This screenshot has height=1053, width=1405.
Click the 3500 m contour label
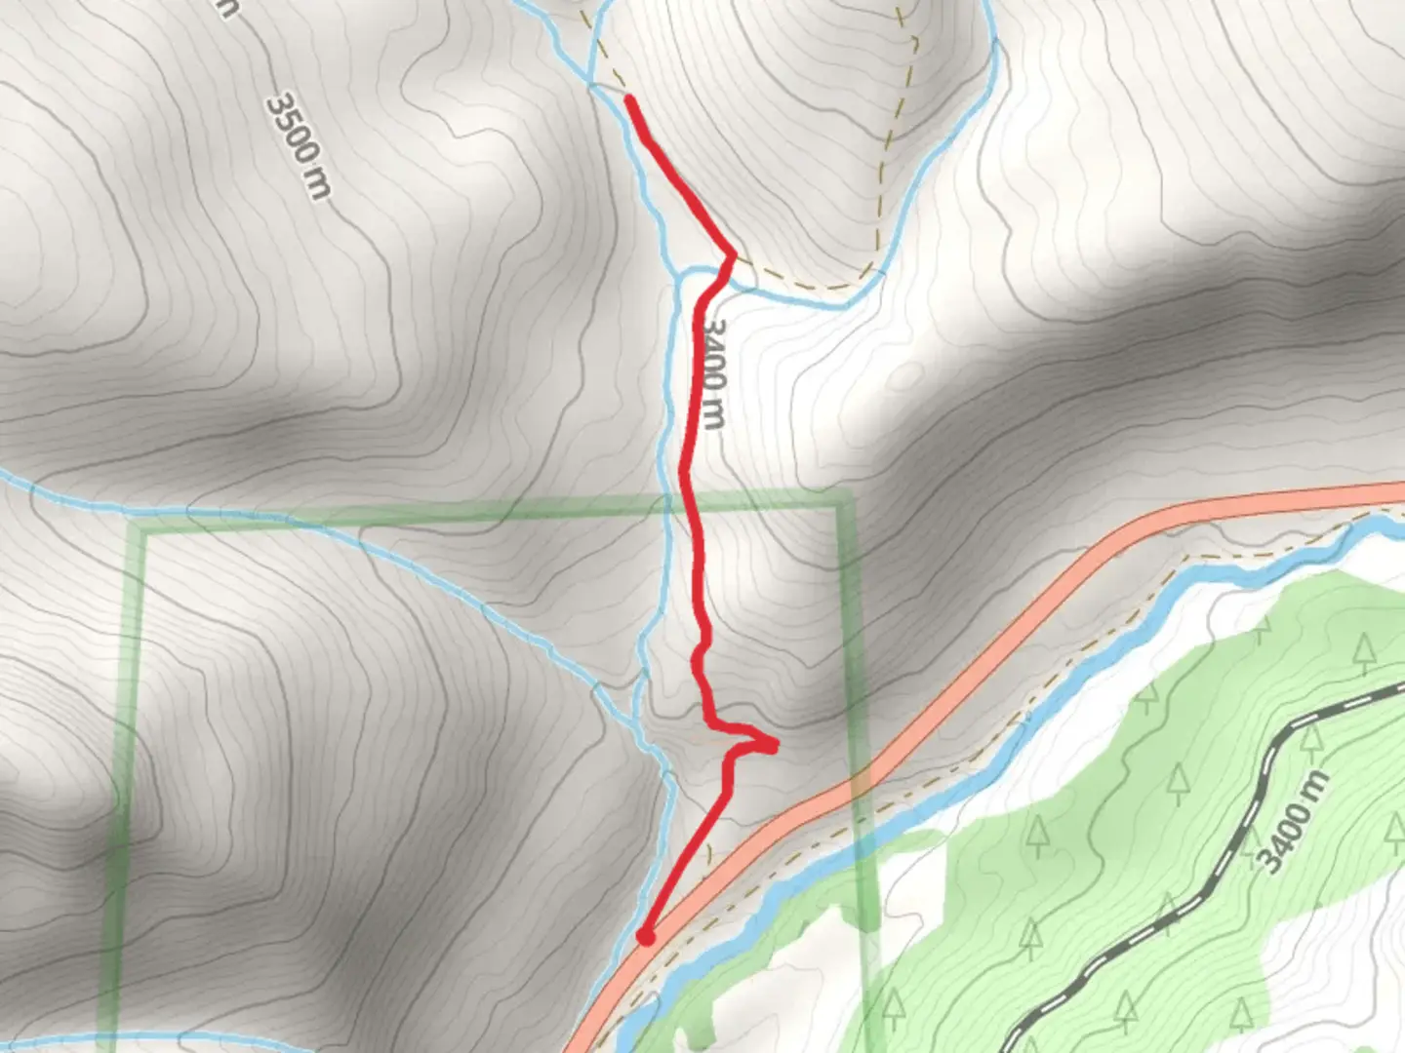coord(299,145)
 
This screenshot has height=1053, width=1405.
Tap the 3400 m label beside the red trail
coord(711,374)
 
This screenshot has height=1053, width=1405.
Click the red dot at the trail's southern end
coord(645,937)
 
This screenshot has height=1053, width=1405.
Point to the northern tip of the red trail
coord(630,99)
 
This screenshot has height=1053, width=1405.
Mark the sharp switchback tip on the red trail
coord(774,747)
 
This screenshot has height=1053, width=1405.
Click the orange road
coord(1073,575)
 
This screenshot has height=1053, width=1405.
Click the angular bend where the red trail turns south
coord(730,255)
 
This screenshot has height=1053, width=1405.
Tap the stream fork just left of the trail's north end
coord(591,87)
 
